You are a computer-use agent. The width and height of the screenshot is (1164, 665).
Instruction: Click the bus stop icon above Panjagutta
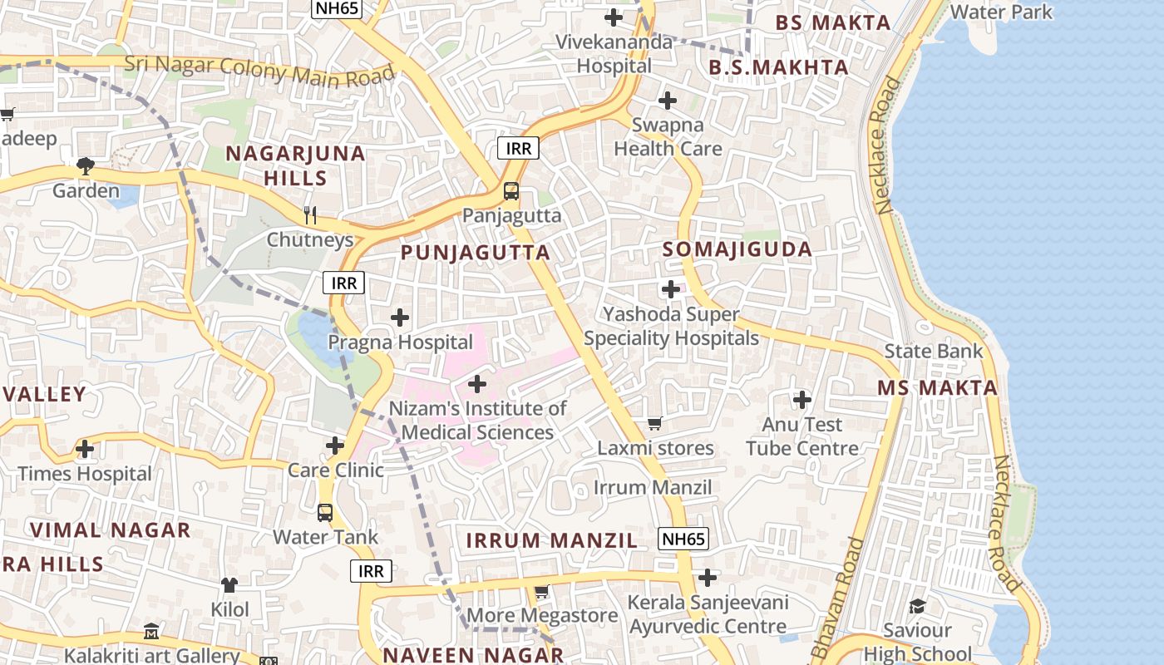510,191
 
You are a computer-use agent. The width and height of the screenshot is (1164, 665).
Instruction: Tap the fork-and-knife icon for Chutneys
310,215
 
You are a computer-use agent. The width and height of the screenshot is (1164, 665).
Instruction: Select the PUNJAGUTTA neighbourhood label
476,253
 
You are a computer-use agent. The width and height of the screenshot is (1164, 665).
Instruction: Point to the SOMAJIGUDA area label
737,249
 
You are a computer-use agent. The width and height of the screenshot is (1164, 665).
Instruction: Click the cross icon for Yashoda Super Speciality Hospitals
671,289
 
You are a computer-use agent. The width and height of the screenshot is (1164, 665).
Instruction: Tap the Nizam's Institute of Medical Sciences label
477,421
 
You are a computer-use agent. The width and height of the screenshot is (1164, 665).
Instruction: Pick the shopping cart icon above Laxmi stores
654,424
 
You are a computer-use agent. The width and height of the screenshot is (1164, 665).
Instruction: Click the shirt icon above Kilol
229,585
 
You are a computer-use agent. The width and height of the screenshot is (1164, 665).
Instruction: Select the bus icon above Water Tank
325,513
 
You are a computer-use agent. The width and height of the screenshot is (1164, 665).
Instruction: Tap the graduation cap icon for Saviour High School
917,606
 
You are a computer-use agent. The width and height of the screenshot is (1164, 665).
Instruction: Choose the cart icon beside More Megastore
541,592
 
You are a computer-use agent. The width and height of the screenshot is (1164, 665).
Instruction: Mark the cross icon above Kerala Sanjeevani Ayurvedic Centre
708,577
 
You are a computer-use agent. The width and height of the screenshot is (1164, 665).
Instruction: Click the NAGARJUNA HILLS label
296,165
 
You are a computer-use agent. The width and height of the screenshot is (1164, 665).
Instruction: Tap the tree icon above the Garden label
85,166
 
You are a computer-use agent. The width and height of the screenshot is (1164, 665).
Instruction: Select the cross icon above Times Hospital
85,449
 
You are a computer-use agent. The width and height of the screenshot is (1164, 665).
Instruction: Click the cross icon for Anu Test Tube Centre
802,400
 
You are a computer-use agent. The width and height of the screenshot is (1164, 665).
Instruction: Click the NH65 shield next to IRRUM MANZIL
683,539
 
